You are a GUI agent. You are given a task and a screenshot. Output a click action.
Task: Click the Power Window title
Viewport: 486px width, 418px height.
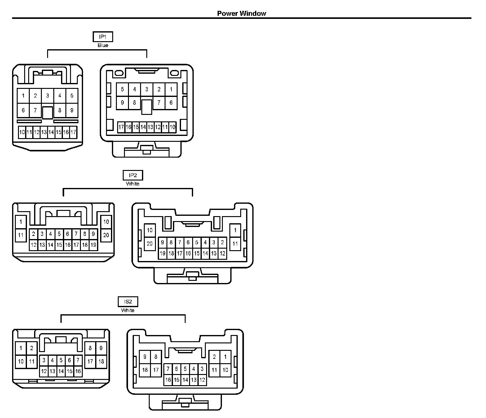(241, 13)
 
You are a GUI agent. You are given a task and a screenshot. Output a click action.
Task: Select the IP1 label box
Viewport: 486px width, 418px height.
(103, 37)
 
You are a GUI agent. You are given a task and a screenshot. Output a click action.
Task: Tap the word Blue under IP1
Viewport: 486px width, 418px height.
(103, 46)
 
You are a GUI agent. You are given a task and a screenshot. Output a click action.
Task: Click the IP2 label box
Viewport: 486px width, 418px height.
(133, 175)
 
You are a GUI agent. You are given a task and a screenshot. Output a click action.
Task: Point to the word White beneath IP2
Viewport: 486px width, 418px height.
(133, 184)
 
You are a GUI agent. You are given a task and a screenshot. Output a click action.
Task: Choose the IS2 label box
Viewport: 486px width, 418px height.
(128, 302)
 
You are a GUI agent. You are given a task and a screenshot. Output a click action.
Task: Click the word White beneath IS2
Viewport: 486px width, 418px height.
(128, 310)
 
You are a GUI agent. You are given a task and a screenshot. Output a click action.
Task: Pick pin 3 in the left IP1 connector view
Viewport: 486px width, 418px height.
(47, 96)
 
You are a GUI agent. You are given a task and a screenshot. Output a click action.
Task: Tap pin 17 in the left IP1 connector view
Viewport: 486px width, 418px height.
(73, 132)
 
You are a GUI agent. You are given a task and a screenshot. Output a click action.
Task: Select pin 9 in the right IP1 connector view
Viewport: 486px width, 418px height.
(122, 102)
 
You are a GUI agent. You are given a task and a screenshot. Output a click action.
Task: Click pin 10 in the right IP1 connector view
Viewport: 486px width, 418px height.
(172, 127)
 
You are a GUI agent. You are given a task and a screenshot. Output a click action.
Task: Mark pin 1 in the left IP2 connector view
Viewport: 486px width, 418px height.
(21, 222)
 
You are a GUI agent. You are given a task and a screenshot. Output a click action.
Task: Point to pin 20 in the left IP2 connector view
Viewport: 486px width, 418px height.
(106, 235)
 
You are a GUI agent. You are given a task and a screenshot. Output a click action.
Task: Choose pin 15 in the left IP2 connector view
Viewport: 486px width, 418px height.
(59, 245)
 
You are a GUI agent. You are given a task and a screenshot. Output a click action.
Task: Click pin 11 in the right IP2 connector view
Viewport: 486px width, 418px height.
(235, 243)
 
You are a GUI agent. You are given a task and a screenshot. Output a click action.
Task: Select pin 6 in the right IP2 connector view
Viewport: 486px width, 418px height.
(188, 243)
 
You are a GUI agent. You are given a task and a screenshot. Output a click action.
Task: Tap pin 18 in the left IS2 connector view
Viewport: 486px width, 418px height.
(101, 361)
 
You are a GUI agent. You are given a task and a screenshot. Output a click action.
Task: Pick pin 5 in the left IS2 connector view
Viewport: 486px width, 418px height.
(61, 360)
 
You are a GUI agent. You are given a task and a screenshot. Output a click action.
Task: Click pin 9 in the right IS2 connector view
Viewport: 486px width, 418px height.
(145, 357)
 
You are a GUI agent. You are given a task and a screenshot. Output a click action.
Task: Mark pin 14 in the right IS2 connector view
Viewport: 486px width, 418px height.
(185, 380)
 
